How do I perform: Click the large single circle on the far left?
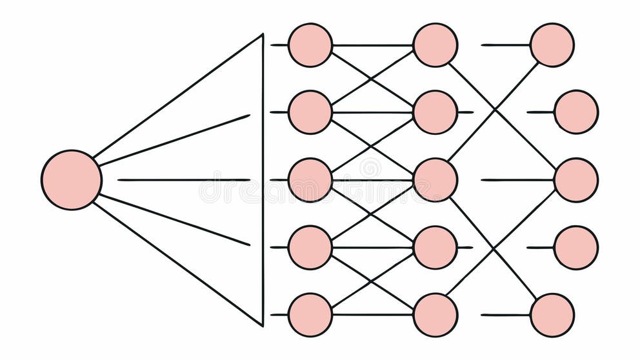click(72, 180)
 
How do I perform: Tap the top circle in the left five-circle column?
click(310, 45)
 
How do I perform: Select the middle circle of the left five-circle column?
click(310, 180)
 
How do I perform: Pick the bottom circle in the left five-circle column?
click(310, 315)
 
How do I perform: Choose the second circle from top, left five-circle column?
click(310, 112)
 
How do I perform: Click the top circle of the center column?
click(435, 45)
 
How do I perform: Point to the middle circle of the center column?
click(435, 180)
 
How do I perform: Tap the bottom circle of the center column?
click(435, 315)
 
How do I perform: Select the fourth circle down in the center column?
click(435, 247)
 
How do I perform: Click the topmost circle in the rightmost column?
click(552, 45)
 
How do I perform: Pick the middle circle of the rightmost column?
click(576, 180)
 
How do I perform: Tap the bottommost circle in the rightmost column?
click(552, 315)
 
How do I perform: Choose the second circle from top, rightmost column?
click(576, 112)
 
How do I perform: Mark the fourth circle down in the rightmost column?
click(576, 247)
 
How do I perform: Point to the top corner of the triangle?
click(263, 35)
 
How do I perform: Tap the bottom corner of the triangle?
click(262, 325)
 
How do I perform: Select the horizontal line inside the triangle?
click(184, 180)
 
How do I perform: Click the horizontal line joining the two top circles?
click(373, 45)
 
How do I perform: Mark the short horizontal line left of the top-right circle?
click(506, 45)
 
